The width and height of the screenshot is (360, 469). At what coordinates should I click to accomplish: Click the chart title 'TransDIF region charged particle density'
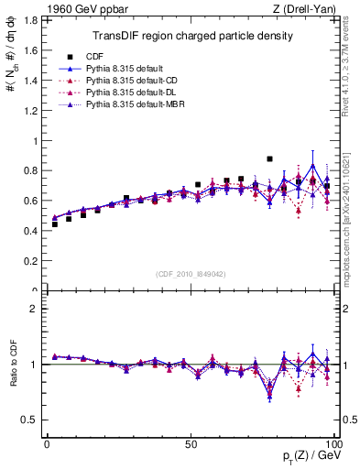(x=192, y=36)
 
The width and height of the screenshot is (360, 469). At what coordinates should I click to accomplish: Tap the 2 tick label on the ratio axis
(x=34, y=309)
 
